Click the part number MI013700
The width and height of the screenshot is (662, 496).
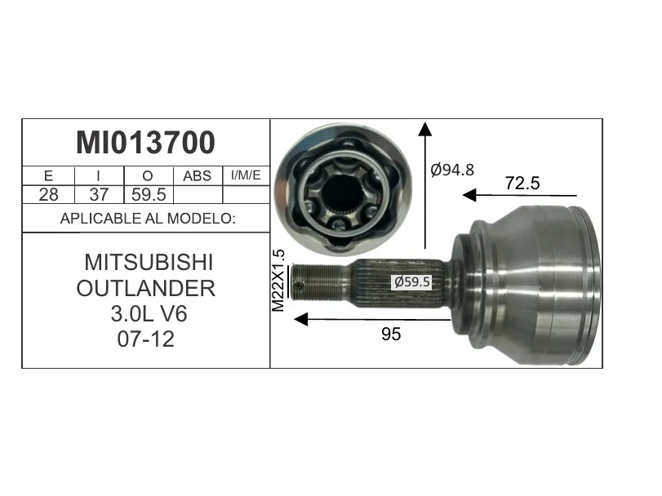pos(145,143)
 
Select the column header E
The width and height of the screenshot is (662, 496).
pos(48,175)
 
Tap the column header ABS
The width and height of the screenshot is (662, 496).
pos(198,175)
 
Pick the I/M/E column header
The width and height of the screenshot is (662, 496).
pos(246,175)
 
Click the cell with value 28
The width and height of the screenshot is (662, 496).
pos(48,194)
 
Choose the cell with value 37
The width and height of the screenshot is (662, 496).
pos(99,194)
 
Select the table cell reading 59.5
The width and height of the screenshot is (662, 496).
pos(149,194)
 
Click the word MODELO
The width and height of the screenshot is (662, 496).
pos(202,219)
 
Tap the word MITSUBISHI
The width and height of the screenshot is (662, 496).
pos(149,263)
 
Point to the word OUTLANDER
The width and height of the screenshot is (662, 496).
pos(146,289)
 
